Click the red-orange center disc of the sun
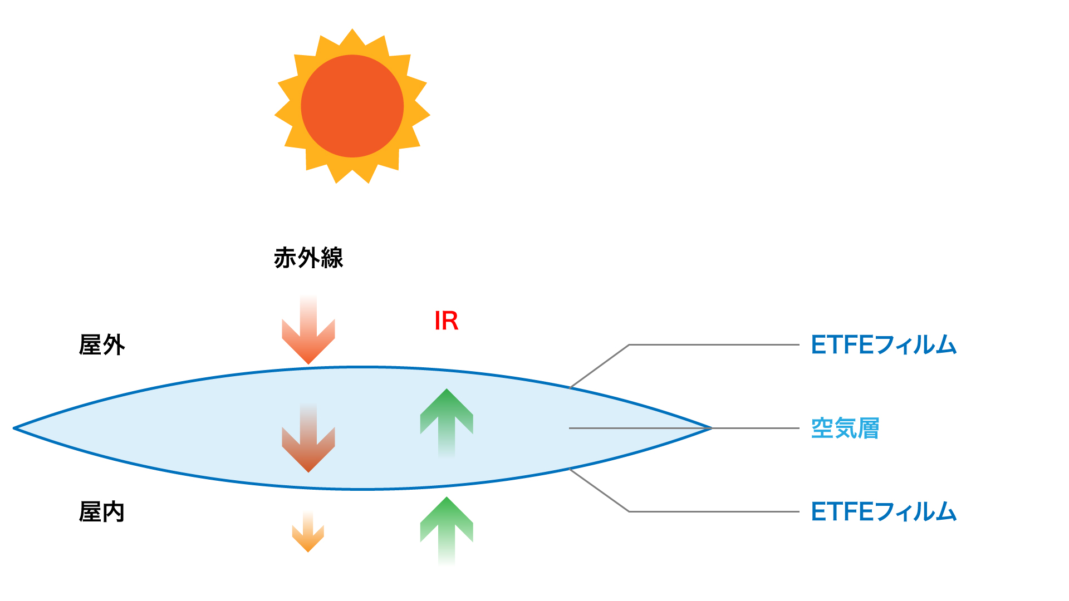coord(352,106)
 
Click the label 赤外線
coord(308,258)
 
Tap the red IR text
coord(447,321)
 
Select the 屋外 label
coord(102,345)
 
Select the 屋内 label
coord(102,512)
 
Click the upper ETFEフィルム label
coord(884,345)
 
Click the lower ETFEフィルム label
coord(884,512)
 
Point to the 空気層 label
coord(845,428)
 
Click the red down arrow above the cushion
coord(308,330)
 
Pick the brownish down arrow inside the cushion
coord(308,438)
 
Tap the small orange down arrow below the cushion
coord(308,531)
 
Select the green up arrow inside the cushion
coord(447,423)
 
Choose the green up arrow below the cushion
coord(447,531)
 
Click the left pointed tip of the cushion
coord(14,428)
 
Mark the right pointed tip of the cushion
coord(712,428)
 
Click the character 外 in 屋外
coord(114,345)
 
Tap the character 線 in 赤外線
coord(332,258)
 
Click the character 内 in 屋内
coord(114,512)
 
